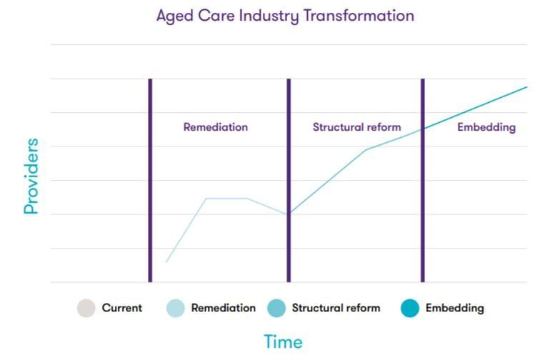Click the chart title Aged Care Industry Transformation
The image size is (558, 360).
285,16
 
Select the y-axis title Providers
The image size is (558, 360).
31,176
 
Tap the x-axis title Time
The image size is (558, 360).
283,342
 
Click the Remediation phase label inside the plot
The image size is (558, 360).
216,127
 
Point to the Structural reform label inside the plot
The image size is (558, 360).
357,127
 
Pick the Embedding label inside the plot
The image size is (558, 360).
487,127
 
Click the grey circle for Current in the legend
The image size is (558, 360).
86,309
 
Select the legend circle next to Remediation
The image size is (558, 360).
175,309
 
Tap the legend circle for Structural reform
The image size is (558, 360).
276,309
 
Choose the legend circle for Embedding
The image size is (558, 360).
409,309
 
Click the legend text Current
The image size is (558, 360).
122,309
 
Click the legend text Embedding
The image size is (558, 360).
454,309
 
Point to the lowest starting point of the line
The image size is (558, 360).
166,262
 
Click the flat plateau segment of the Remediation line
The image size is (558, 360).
226,198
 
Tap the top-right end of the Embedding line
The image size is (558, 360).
526,87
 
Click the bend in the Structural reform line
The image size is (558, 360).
366,149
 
